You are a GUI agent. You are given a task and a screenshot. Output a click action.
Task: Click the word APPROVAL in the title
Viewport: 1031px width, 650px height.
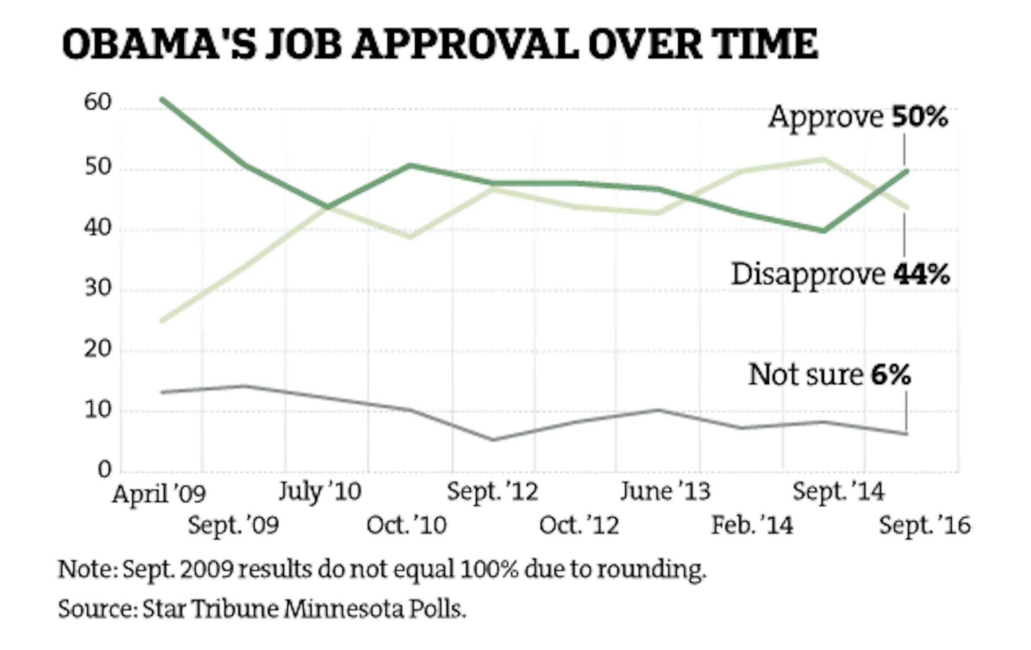pyautogui.click(x=464, y=44)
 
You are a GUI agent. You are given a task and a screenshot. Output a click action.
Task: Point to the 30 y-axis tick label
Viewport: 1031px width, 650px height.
pyautogui.click(x=98, y=288)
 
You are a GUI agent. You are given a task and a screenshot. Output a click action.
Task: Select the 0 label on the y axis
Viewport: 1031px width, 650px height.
pyautogui.click(x=105, y=470)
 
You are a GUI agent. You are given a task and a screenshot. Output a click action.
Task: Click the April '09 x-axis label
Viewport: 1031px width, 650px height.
pyautogui.click(x=159, y=494)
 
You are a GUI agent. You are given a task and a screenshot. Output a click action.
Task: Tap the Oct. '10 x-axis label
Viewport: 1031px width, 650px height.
pyautogui.click(x=406, y=525)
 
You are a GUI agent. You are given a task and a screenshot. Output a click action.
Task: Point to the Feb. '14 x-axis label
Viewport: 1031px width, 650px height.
pyautogui.click(x=752, y=525)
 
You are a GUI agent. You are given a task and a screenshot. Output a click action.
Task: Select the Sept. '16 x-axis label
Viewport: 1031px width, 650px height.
pyautogui.click(x=925, y=525)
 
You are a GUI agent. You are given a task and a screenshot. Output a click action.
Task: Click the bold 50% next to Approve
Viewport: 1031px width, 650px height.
pyautogui.click(x=920, y=117)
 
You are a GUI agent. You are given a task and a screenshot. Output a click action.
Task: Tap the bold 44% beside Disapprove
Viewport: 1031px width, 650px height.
pyautogui.click(x=921, y=274)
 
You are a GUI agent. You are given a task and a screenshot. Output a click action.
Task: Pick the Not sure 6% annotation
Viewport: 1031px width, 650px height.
pyautogui.click(x=830, y=375)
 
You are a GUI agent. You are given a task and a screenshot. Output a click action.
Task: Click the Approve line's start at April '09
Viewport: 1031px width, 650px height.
pyautogui.click(x=162, y=99)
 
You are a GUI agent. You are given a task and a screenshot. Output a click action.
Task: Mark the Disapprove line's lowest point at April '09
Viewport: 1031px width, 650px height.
pyautogui.click(x=162, y=321)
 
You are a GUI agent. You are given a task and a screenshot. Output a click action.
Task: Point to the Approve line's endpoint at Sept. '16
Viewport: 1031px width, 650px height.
pyautogui.click(x=906, y=171)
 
